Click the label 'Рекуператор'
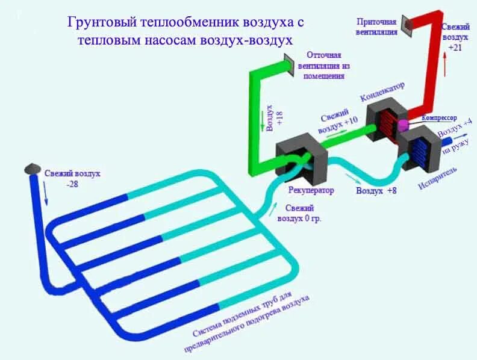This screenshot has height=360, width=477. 311,190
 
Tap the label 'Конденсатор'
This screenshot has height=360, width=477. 382,90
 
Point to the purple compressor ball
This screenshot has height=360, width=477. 402,124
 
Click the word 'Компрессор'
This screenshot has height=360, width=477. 440,119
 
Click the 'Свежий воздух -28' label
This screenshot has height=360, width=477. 72,178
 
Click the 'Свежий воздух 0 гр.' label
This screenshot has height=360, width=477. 299,214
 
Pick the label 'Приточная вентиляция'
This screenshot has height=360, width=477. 378,27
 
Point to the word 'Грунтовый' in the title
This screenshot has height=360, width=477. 102,23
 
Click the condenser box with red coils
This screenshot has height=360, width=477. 385,122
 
